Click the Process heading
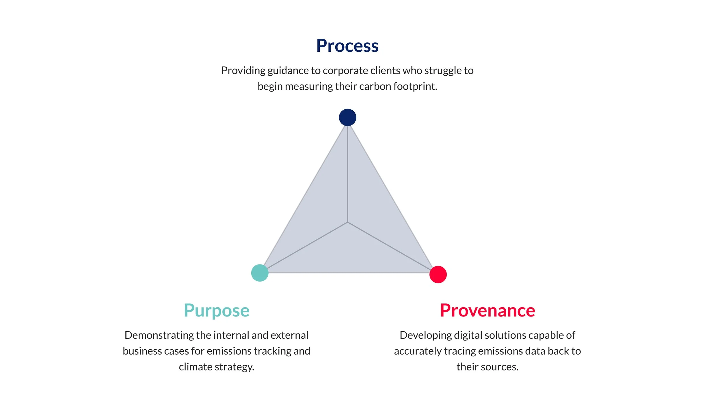tap(347, 46)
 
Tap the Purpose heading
tap(217, 311)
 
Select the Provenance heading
tap(487, 311)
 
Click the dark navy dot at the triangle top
tap(347, 117)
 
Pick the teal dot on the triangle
tap(260, 273)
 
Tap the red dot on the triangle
tap(438, 274)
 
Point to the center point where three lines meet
tap(347, 222)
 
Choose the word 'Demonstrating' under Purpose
tap(159, 335)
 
